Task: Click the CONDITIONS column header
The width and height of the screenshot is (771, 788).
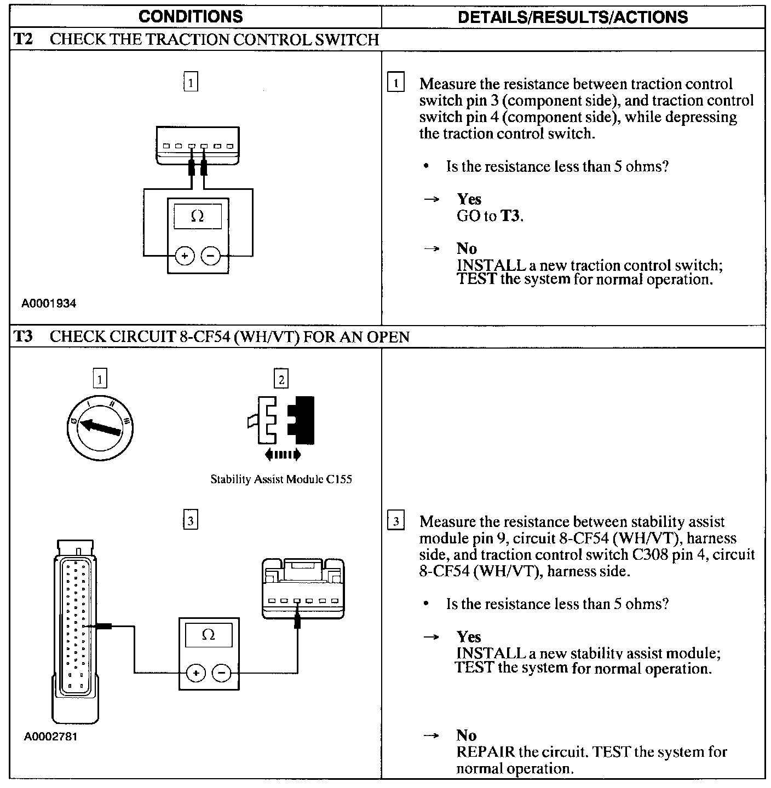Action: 191,16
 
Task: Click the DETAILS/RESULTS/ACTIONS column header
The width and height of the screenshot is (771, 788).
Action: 572,16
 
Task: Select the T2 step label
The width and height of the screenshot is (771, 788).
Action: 23,39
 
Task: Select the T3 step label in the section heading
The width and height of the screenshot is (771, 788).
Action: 23,336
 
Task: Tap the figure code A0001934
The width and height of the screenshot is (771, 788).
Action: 49,304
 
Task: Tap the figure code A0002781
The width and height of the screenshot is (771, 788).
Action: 50,736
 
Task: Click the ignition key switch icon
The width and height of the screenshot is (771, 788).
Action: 100,427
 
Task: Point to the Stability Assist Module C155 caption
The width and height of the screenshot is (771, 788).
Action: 281,479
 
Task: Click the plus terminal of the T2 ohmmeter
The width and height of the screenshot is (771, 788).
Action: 185,256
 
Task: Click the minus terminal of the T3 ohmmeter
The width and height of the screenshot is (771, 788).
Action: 221,673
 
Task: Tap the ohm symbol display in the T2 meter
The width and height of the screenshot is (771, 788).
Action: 198,216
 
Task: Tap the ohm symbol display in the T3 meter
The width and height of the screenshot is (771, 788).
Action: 208,635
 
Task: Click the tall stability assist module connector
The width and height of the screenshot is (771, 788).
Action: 77,629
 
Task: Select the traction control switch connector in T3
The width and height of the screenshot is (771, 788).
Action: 303,588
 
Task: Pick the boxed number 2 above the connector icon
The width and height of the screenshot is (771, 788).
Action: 281,379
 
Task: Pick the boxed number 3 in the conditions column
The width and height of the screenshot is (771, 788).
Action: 190,520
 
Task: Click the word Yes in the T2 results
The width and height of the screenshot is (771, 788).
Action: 469,199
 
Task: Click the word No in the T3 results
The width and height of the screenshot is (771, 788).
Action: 466,735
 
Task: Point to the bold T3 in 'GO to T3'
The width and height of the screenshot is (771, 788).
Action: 511,216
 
